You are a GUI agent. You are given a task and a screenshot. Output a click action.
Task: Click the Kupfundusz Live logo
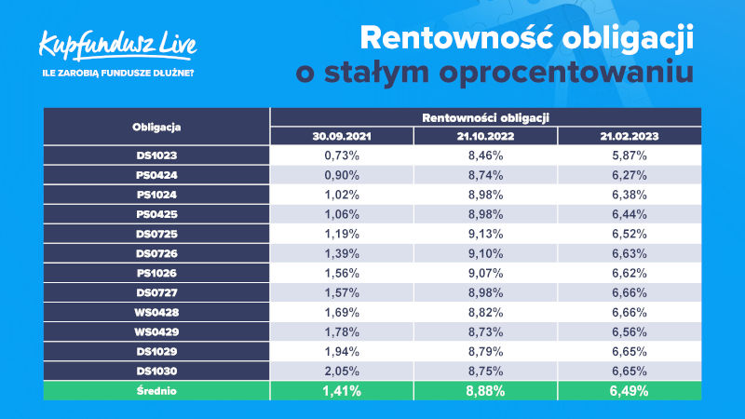pos(117,46)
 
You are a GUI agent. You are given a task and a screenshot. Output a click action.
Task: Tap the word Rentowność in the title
pos(456,37)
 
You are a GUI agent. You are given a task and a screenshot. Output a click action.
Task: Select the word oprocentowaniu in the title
pos(566,74)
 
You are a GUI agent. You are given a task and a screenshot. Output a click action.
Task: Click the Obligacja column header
pos(156,127)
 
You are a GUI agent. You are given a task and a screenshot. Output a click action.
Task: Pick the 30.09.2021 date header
pos(341,136)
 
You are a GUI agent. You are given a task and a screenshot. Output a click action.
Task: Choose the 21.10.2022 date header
pos(485,136)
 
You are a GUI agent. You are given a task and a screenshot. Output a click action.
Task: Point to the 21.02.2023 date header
pos(630,136)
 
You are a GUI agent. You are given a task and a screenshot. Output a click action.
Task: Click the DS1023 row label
pos(156,155)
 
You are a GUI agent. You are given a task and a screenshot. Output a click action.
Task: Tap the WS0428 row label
pos(156,312)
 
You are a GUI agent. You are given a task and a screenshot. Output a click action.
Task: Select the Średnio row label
pos(156,391)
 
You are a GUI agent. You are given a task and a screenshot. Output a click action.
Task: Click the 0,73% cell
pos(342,155)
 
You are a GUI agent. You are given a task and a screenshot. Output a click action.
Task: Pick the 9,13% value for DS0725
pos(485,234)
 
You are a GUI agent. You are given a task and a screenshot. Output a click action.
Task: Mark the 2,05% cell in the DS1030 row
pos(342,371)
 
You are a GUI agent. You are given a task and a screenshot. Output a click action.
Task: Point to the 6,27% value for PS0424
pos(630,175)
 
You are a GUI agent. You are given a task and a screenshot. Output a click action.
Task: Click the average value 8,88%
pos(485,391)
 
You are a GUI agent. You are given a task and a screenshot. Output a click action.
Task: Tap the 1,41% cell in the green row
pos(342,391)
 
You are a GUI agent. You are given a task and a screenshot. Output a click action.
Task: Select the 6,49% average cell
pos(630,391)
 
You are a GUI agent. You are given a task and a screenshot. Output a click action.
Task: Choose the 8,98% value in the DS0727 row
pos(485,292)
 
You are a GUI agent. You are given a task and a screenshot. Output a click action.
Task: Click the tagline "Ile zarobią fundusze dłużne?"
pos(118,74)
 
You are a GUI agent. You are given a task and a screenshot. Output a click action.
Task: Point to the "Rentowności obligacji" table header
pos(485,117)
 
